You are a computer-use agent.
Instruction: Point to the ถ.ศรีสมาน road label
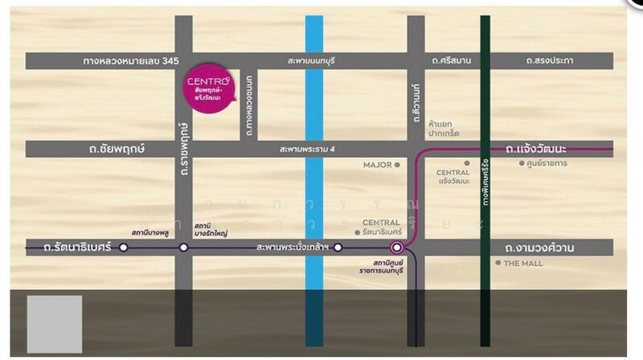[450, 61]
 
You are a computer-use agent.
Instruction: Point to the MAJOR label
[377, 165]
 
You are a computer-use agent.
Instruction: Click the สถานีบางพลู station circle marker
[123, 247]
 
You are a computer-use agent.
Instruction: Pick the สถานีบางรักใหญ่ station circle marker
[183, 247]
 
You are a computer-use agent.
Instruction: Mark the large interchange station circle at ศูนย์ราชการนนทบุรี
[395, 247]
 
